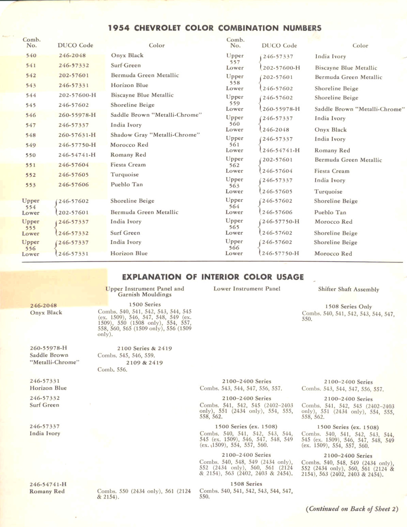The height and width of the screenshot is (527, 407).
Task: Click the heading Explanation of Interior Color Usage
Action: click(x=213, y=277)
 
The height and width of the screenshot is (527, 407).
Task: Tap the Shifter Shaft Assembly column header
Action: click(x=348, y=289)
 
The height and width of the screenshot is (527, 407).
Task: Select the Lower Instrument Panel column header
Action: click(x=247, y=289)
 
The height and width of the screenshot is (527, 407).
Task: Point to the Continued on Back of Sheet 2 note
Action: click(x=352, y=509)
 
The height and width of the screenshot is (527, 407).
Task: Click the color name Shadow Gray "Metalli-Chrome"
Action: click(x=155, y=135)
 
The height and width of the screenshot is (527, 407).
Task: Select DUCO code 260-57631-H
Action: click(x=77, y=135)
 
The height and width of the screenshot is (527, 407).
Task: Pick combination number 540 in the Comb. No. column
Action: click(x=31, y=56)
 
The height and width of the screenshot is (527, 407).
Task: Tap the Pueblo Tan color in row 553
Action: click(x=126, y=184)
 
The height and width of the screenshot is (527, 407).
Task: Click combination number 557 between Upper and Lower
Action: click(x=235, y=62)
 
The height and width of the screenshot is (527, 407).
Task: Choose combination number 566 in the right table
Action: click(x=234, y=247)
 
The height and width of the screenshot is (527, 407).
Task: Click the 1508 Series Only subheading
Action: click(x=348, y=307)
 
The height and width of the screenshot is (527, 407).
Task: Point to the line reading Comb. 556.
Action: click(x=112, y=370)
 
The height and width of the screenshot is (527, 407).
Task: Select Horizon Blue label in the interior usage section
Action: click(x=48, y=388)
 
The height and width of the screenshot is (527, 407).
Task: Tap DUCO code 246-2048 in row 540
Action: click(x=72, y=56)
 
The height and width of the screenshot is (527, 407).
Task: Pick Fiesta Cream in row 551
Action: click(x=128, y=165)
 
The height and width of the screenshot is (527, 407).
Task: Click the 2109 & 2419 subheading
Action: click(x=144, y=363)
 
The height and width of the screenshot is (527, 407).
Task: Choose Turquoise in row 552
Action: click(x=125, y=175)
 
